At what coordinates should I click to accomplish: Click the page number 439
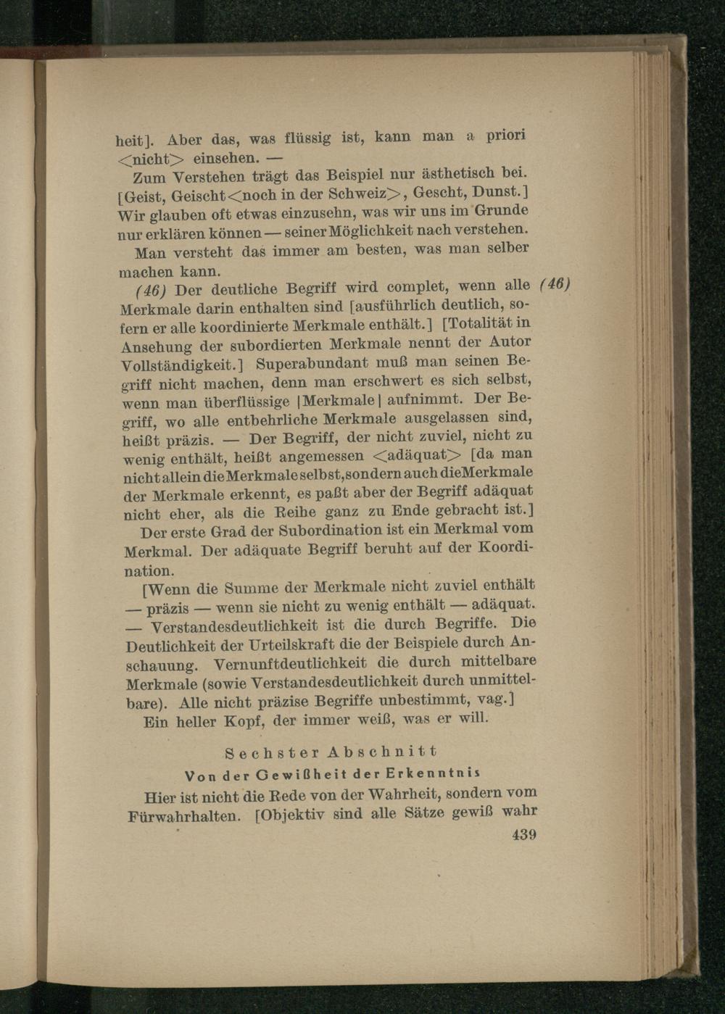[x=523, y=835]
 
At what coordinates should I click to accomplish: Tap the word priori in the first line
[x=505, y=134]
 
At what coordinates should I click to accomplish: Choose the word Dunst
[x=503, y=191]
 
